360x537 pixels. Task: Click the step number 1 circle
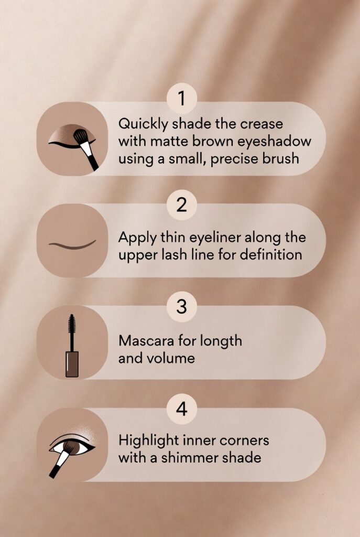(x=182, y=98)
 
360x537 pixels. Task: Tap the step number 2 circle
(x=182, y=205)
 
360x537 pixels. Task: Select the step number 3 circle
(x=182, y=306)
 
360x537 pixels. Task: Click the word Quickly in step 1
(x=144, y=124)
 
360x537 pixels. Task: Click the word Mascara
(x=146, y=341)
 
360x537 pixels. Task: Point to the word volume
(x=171, y=358)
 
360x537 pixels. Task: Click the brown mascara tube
(x=72, y=364)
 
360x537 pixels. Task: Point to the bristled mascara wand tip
(x=71, y=324)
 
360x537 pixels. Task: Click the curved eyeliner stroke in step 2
(x=72, y=245)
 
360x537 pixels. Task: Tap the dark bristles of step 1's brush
(x=81, y=136)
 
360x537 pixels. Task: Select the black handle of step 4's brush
(x=54, y=470)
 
